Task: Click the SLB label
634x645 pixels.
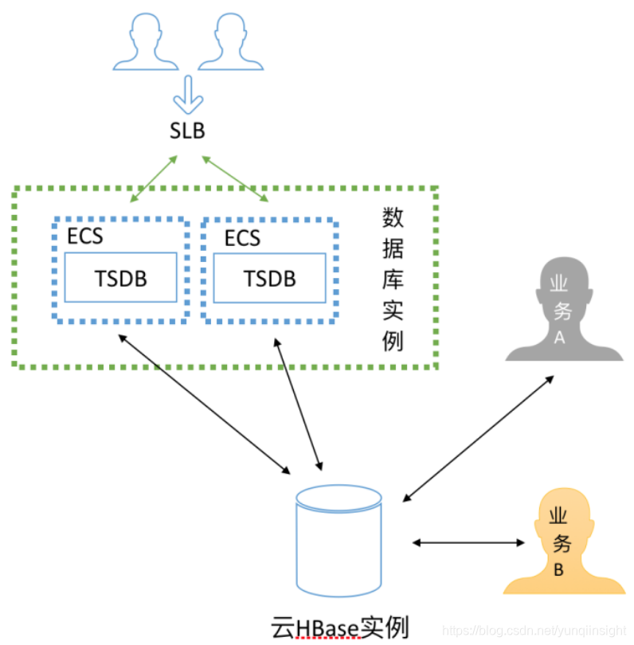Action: click(187, 130)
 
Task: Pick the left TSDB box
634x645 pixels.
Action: click(120, 278)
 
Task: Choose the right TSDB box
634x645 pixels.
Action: click(269, 278)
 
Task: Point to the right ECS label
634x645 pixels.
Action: click(242, 237)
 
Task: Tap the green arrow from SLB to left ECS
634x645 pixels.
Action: click(154, 178)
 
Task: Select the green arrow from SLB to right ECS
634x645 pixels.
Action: click(235, 178)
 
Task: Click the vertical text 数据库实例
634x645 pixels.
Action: click(392, 279)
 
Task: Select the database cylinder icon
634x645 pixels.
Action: click(339, 541)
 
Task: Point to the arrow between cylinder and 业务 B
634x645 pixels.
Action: click(469, 543)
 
